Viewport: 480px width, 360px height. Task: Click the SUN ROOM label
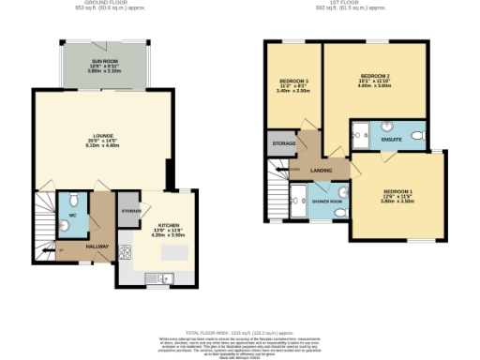pyautogui.click(x=103, y=65)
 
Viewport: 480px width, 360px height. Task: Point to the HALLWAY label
pyautogui.click(x=97, y=247)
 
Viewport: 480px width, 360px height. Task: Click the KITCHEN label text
pyautogui.click(x=169, y=225)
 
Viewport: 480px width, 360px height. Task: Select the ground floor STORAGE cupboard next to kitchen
pyautogui.click(x=130, y=211)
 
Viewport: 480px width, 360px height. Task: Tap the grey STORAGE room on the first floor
pyautogui.click(x=283, y=143)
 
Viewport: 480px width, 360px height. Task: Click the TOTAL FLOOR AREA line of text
pyautogui.click(x=240, y=333)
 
